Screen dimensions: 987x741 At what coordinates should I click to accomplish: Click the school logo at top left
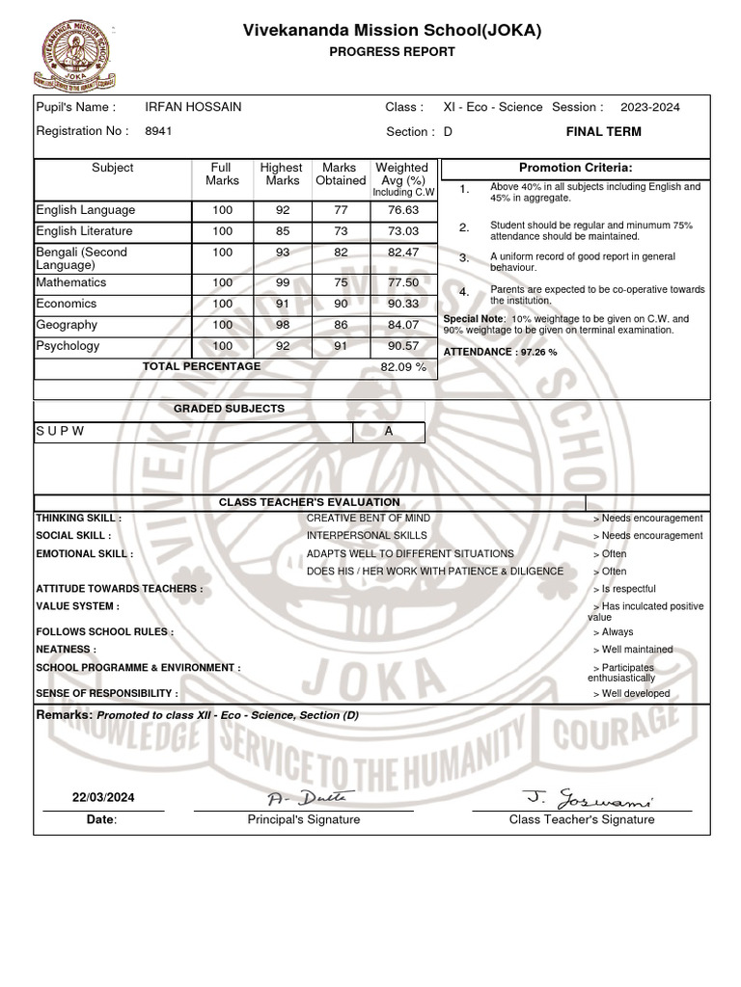(74, 55)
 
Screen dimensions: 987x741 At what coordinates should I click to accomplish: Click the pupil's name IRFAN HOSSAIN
(193, 107)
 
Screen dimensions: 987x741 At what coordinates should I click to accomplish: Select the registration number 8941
(158, 131)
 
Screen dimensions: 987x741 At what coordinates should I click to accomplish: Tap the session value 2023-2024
(649, 107)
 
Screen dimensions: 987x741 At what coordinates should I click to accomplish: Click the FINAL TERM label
(603, 131)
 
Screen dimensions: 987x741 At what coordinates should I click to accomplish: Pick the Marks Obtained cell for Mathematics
(340, 282)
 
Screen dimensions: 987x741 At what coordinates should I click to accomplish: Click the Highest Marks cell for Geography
(282, 325)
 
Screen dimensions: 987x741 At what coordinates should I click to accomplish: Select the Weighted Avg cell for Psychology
(402, 346)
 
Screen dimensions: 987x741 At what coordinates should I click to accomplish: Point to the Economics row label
(68, 304)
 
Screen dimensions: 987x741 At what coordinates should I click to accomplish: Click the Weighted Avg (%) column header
(402, 178)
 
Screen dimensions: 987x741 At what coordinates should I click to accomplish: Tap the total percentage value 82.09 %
(402, 367)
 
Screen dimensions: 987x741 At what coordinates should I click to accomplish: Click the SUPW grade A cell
(389, 431)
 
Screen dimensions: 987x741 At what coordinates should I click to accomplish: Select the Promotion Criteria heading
(575, 168)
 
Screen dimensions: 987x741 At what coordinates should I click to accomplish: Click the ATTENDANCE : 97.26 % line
(500, 352)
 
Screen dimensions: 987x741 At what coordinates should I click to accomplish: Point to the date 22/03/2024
(103, 797)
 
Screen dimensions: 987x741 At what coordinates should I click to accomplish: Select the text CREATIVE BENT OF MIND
(369, 518)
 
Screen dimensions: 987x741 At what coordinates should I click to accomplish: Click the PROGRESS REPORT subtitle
(392, 52)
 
